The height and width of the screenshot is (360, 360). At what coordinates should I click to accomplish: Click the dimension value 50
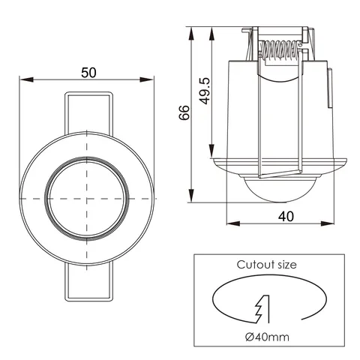(88, 72)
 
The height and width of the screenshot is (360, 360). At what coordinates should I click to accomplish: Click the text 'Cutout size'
(266, 265)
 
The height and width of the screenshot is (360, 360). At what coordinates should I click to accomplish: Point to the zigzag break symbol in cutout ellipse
(262, 307)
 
